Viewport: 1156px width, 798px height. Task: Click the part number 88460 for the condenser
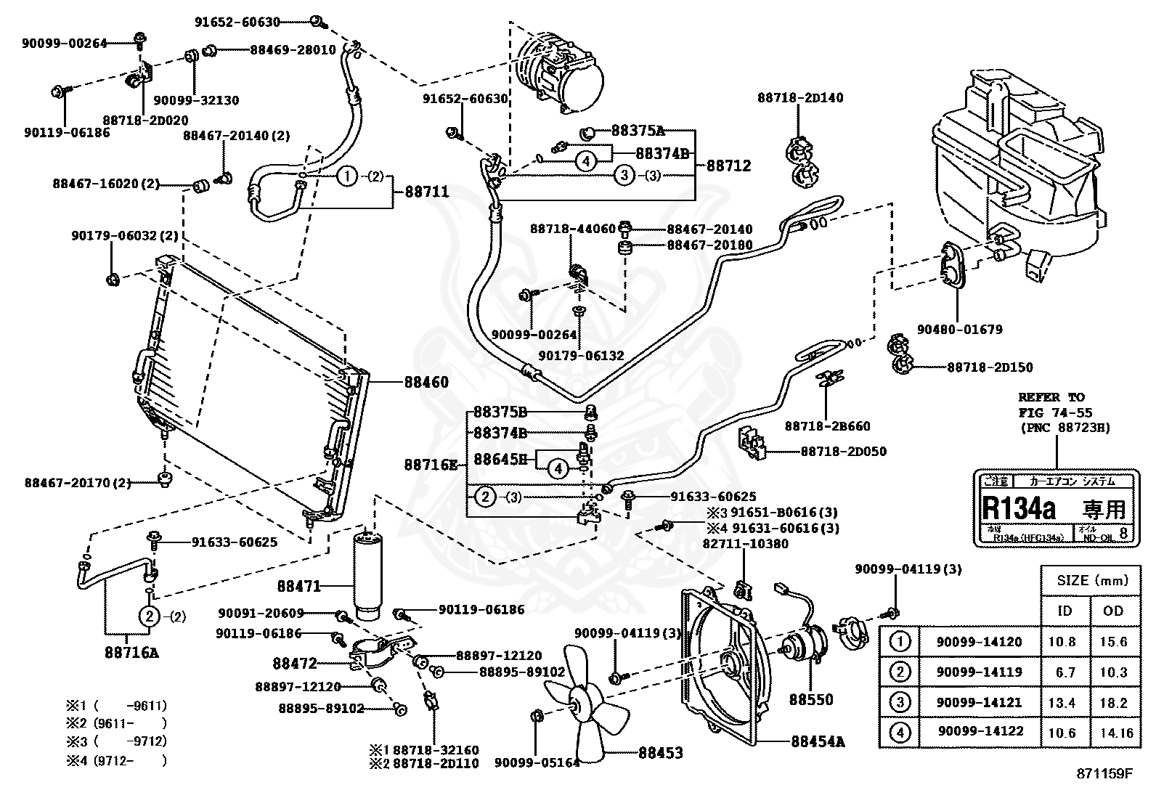tap(423, 383)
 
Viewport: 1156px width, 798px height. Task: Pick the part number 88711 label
tap(426, 192)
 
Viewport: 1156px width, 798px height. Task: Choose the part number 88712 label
tap(728, 166)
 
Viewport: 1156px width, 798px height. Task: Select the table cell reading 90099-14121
tap(979, 702)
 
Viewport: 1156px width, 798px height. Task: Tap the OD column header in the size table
tap(1112, 611)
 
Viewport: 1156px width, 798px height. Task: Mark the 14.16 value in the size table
tap(1115, 733)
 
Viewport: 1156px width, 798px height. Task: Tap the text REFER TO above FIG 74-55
tap(1051, 397)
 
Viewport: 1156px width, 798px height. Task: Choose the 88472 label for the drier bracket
tap(295, 662)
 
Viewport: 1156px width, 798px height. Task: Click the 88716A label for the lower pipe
tap(131, 652)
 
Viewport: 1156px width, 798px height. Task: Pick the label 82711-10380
tap(745, 543)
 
